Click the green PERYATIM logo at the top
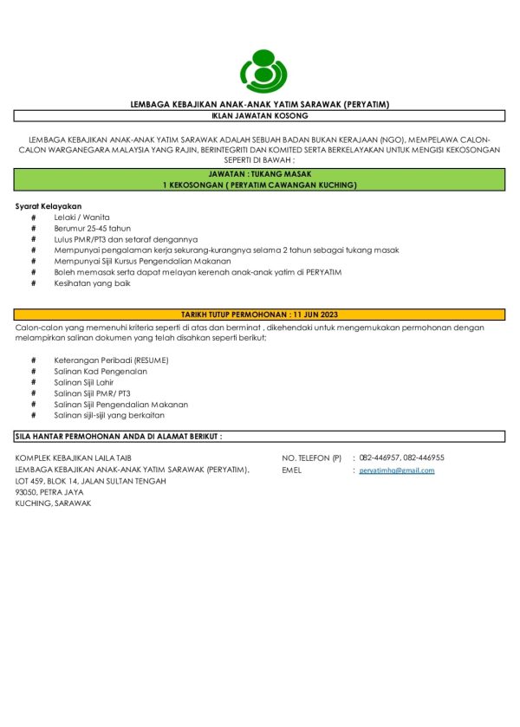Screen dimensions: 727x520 point(260,70)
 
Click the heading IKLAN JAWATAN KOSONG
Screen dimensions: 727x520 point(260,114)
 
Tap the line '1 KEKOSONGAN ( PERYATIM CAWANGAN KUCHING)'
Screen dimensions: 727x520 point(260,185)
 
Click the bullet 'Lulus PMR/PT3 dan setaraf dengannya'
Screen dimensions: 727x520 point(126,238)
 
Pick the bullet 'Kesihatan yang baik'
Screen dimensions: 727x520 point(92,283)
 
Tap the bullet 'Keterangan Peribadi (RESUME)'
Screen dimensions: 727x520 point(111,360)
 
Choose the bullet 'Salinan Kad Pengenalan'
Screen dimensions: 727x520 point(101,371)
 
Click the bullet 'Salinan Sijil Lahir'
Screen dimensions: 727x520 point(90,382)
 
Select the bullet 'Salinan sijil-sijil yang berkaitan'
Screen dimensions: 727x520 point(109,416)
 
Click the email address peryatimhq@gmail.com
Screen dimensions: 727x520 point(397,471)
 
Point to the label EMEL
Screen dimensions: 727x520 point(292,471)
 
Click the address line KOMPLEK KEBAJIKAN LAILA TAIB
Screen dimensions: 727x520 point(74,458)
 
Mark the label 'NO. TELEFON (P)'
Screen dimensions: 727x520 point(312,458)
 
